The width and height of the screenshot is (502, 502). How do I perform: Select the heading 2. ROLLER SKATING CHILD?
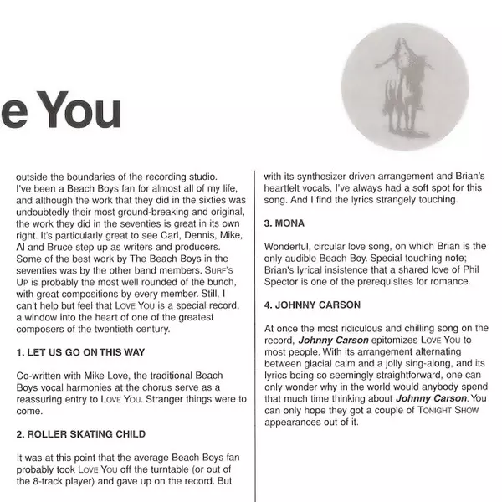coord(80,434)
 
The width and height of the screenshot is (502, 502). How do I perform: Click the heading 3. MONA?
coord(284,224)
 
